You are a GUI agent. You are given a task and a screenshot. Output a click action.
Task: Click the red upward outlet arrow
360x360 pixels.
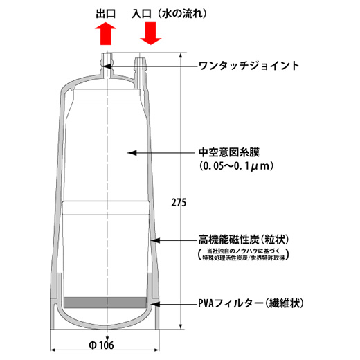[105, 33]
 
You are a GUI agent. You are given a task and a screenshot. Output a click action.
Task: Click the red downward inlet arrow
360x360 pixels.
[151, 33]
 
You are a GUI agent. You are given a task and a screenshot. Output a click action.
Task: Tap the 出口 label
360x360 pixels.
[106, 14]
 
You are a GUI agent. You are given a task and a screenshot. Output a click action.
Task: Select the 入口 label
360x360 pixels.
[141, 14]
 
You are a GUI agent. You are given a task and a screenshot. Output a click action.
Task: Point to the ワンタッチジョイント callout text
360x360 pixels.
[249, 66]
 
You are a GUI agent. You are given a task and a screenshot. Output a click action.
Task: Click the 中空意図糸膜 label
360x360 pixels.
[229, 152]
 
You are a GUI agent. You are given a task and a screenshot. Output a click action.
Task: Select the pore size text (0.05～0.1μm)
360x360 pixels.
[236, 166]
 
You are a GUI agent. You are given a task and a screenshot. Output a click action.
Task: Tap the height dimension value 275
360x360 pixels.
[179, 203]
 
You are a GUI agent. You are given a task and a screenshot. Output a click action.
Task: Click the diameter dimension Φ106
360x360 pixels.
[101, 345]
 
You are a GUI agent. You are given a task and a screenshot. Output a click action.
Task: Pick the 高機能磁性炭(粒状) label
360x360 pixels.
[244, 240]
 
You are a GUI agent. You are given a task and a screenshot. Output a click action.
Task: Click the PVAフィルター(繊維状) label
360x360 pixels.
[251, 303]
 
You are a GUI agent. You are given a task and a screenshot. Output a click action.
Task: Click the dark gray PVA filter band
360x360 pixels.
[105, 303]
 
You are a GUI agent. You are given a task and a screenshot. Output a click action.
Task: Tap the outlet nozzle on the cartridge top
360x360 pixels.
[107, 64]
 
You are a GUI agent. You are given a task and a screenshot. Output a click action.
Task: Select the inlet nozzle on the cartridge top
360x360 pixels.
[140, 69]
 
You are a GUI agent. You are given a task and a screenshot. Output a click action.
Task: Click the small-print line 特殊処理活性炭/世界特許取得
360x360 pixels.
[244, 258]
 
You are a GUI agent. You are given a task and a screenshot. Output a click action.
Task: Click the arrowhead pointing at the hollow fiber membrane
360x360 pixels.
[132, 153]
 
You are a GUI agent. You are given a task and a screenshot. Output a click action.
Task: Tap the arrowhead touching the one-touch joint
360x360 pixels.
[107, 66]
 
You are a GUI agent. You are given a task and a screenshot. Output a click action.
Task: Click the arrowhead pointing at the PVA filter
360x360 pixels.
[155, 304]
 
